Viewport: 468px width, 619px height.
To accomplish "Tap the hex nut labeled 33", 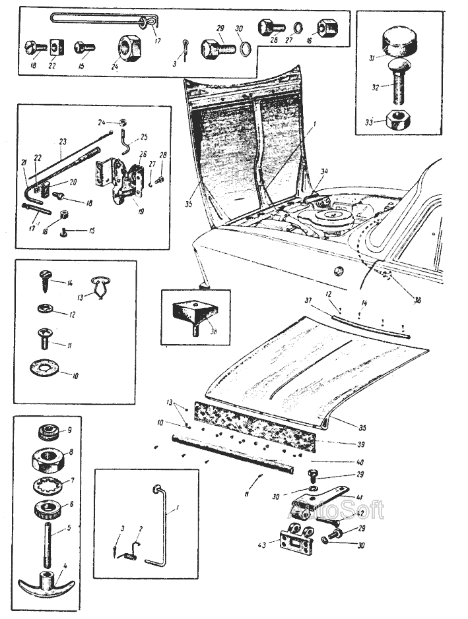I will (398, 121).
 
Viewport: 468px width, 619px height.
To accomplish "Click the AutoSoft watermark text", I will (337, 510).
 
